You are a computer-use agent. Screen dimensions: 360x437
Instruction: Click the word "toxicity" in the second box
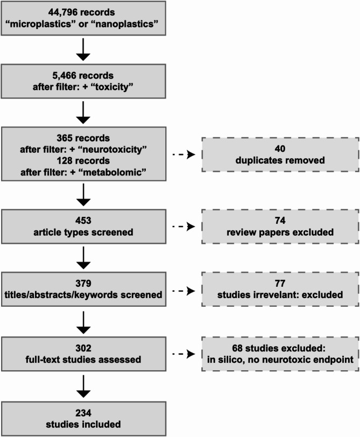(112, 87)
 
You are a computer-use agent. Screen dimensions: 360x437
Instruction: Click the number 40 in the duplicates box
(280, 149)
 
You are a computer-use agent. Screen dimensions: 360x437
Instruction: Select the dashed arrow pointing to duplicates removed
(184, 154)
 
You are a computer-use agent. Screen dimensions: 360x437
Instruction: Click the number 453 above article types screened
(83, 221)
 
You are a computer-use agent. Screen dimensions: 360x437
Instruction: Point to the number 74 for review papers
(280, 221)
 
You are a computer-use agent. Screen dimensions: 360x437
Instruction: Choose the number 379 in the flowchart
(83, 284)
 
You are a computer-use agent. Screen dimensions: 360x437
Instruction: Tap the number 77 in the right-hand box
(280, 284)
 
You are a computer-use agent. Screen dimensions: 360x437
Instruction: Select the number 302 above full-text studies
(83, 348)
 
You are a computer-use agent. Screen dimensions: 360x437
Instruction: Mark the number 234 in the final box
(83, 413)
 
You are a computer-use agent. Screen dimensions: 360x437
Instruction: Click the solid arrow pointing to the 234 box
(83, 386)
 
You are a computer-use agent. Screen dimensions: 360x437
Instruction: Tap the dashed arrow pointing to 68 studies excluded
(184, 354)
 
